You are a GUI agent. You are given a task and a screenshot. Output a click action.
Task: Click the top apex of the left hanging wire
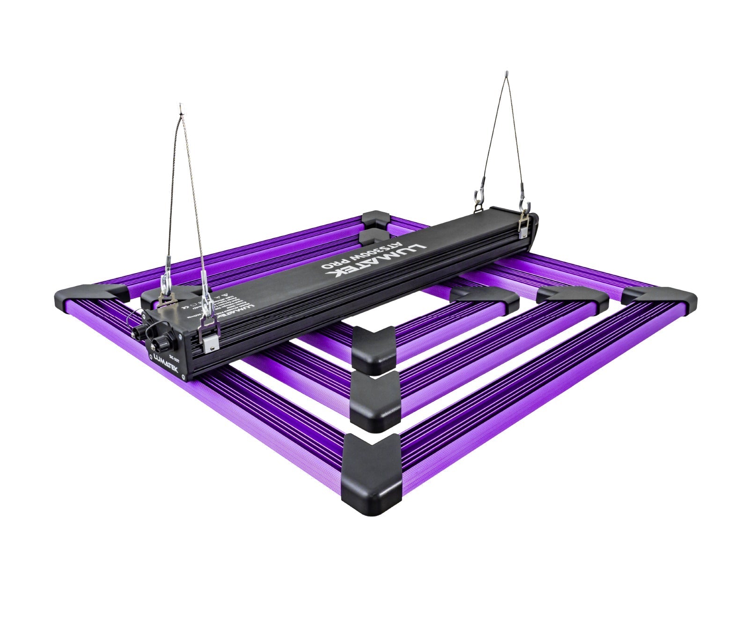coord(180,110)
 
